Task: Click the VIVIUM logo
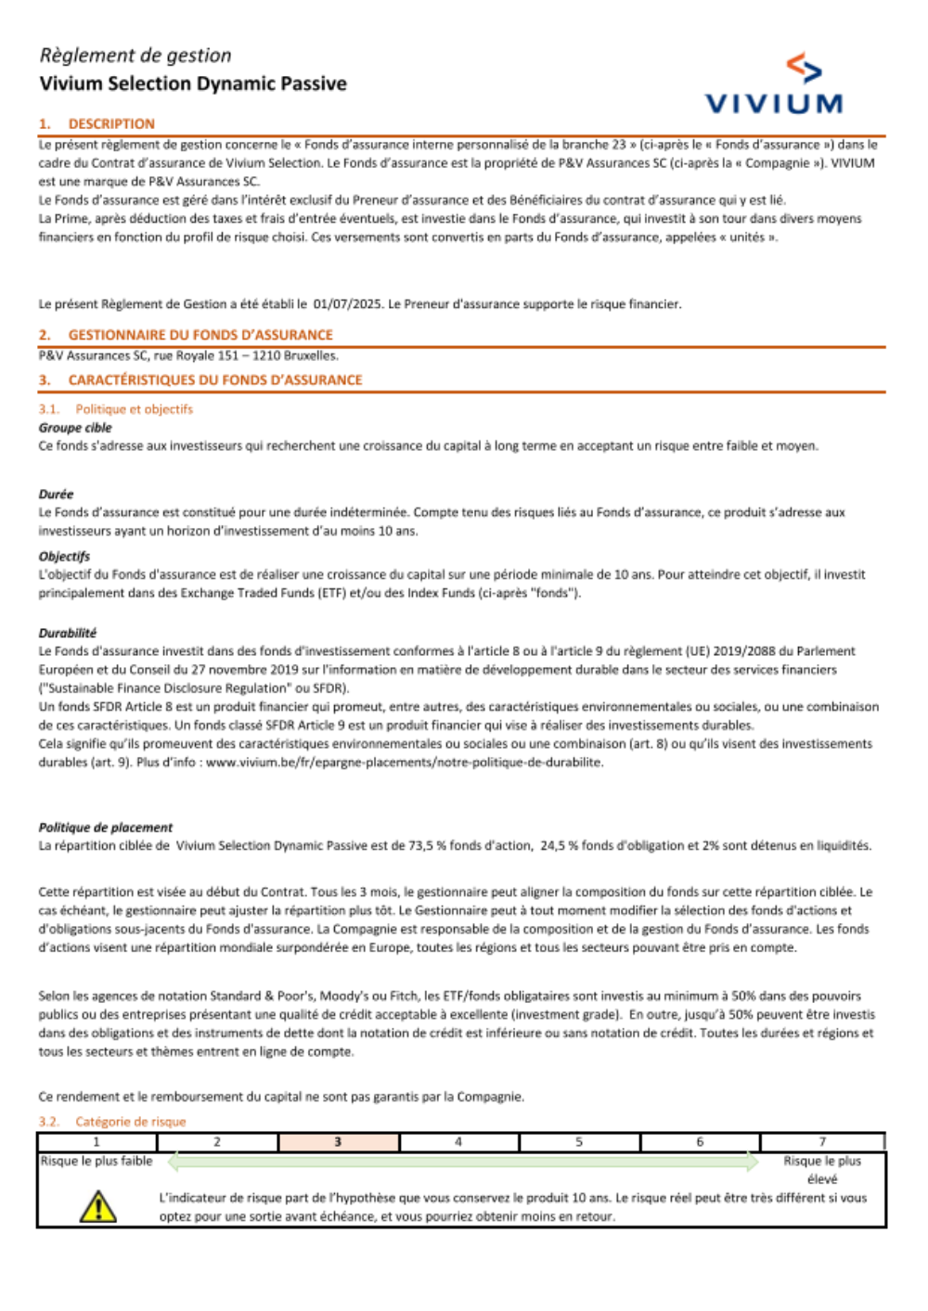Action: click(x=774, y=85)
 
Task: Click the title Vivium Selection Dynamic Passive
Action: click(x=193, y=84)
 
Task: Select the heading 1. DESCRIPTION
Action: click(x=97, y=123)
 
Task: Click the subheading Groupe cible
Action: click(x=75, y=428)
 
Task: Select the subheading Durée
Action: click(x=56, y=495)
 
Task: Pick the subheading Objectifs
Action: click(x=64, y=557)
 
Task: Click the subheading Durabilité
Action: click(x=68, y=633)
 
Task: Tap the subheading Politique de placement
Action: click(x=106, y=828)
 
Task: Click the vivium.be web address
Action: click(x=404, y=763)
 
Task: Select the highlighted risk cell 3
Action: click(x=338, y=1142)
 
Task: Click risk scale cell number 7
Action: click(x=821, y=1142)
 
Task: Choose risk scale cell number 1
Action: click(x=97, y=1142)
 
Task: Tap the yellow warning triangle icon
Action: click(x=97, y=1206)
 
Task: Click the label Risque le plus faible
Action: click(x=97, y=1161)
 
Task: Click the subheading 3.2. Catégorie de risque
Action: click(x=112, y=1122)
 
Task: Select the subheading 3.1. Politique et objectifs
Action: click(x=116, y=409)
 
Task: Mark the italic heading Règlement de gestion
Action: click(x=135, y=56)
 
